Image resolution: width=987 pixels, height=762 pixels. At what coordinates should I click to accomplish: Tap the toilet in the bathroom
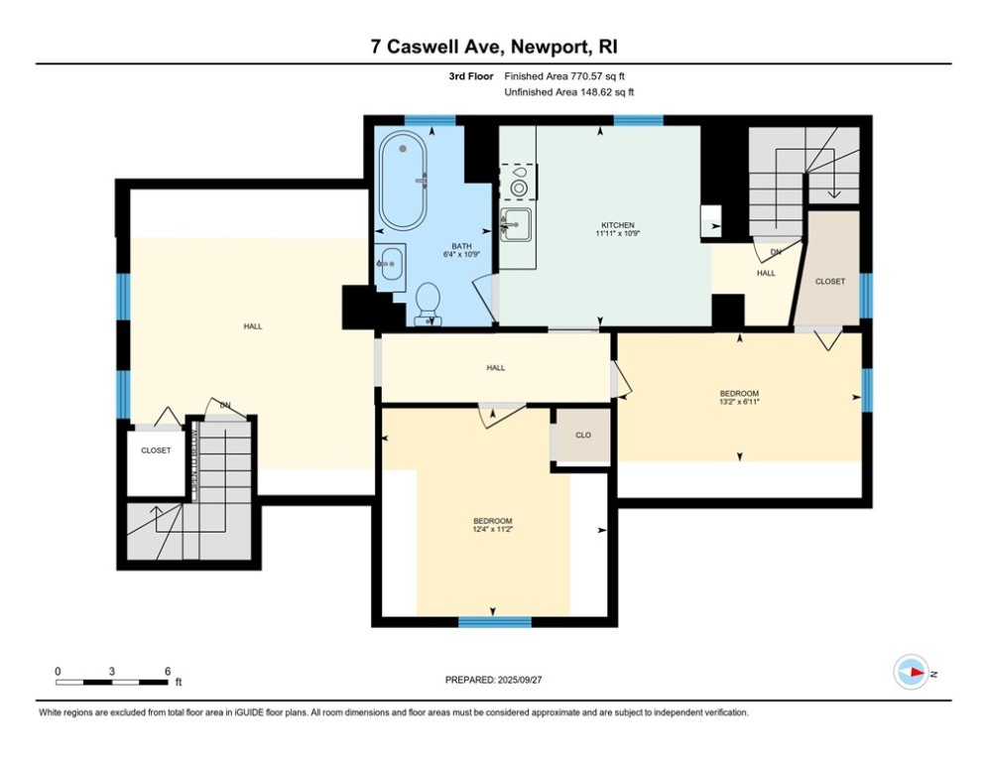(429, 302)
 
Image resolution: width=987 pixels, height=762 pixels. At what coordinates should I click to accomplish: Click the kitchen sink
(515, 224)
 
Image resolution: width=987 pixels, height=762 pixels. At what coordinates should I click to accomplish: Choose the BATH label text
(461, 246)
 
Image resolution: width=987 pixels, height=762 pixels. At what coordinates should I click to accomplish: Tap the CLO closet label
(583, 436)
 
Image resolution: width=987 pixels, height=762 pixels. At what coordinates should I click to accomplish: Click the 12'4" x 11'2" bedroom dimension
(492, 530)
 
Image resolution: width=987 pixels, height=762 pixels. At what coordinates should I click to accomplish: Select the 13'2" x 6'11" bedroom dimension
(739, 403)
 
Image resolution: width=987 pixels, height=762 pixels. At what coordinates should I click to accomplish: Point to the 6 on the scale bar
(168, 671)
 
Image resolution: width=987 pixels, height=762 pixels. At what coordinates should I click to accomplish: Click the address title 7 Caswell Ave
(493, 47)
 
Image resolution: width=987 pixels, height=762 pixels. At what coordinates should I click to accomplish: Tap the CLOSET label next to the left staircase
(156, 450)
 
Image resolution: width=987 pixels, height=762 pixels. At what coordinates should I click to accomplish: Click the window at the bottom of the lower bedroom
(494, 622)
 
